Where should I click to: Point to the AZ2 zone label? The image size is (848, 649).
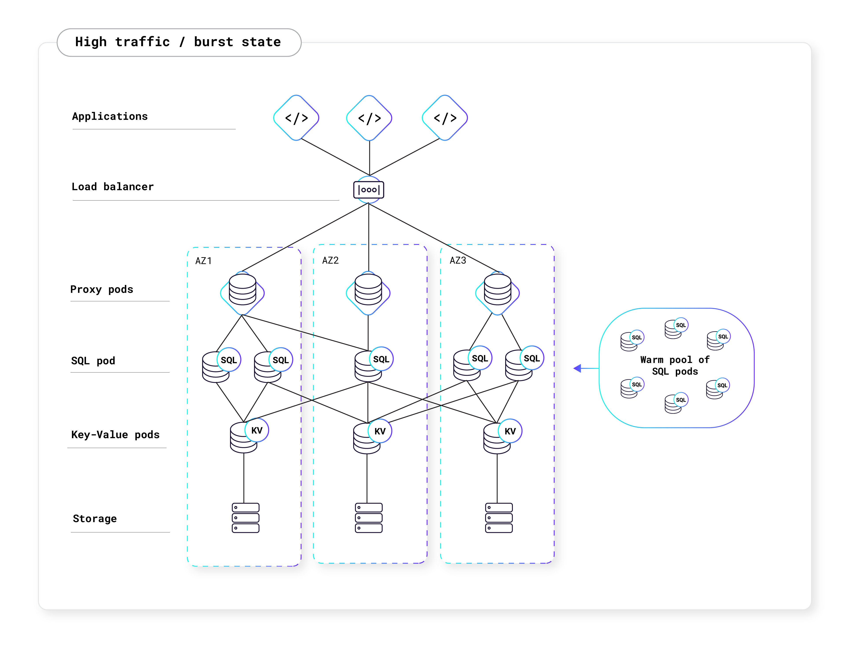coord(330,260)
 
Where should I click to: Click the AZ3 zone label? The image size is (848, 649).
coord(458,260)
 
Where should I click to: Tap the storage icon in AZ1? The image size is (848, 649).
coord(245,518)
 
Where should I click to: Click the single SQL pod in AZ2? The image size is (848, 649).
coord(373,364)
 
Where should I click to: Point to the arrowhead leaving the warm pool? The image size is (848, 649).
coord(578,368)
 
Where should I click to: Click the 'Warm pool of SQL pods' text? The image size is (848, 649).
coord(674,365)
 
